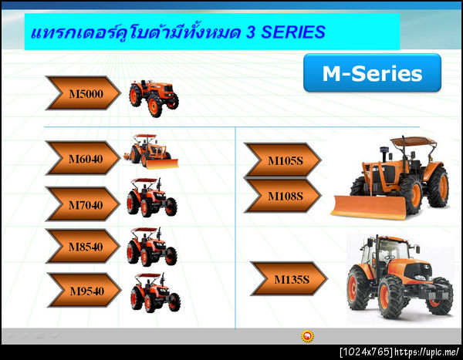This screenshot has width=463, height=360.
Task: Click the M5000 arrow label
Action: coord(83,93)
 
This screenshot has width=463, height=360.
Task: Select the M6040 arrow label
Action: coord(83,158)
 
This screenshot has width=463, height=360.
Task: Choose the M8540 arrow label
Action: coord(83,247)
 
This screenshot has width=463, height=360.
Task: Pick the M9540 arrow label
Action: coord(84,290)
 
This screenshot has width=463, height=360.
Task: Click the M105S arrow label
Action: coord(283,160)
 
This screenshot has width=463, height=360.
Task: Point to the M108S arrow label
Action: coord(283,196)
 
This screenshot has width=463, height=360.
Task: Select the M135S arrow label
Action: coord(289,279)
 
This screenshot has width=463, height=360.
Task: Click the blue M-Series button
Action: coord(372,73)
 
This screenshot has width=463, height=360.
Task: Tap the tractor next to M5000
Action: coord(154,97)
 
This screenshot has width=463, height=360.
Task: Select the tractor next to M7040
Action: coord(150,197)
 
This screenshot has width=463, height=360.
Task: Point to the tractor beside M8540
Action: coord(150,247)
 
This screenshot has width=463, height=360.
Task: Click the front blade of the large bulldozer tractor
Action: coord(367,206)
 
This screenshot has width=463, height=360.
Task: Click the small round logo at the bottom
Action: coord(307,336)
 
